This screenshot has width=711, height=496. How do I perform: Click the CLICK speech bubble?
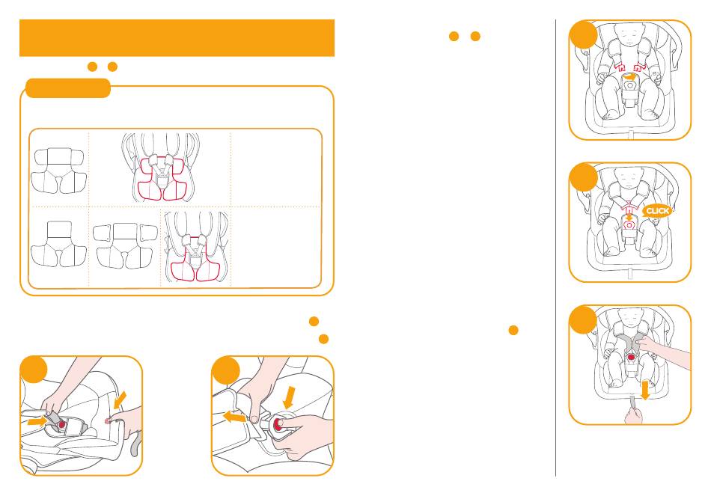pyautogui.click(x=657, y=211)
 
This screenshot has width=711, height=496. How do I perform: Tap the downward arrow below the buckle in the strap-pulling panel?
pyautogui.click(x=644, y=391)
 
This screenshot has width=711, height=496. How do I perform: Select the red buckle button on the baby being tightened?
pyautogui.click(x=631, y=358)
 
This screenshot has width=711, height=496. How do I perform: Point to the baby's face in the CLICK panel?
pyautogui.click(x=629, y=178)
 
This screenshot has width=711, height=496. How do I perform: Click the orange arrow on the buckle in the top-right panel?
pyautogui.click(x=629, y=77)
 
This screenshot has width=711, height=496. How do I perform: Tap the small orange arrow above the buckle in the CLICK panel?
pyautogui.click(x=629, y=216)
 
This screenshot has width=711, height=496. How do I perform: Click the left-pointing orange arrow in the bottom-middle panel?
pyautogui.click(x=235, y=416)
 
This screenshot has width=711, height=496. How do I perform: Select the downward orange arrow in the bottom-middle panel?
pyautogui.click(x=288, y=397)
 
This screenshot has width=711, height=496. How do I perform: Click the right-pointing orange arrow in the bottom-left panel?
pyautogui.click(x=37, y=421)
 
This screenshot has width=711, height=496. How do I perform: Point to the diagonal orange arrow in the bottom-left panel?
pyautogui.click(x=120, y=400)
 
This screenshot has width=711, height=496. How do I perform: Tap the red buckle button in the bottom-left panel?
pyautogui.click(x=61, y=424)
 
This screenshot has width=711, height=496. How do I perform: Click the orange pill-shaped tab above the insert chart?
pyautogui.click(x=68, y=88)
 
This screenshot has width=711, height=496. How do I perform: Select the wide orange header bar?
pyautogui.click(x=177, y=37)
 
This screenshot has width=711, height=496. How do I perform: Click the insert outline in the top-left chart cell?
pyautogui.click(x=58, y=171)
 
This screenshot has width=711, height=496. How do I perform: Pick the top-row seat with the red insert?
pyautogui.click(x=161, y=167)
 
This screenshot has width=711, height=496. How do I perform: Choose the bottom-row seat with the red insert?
pyautogui.click(x=196, y=247)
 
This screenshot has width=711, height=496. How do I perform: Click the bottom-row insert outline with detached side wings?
pyautogui.click(x=125, y=245)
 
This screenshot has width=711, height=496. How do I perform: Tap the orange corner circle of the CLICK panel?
pyautogui.click(x=584, y=177)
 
